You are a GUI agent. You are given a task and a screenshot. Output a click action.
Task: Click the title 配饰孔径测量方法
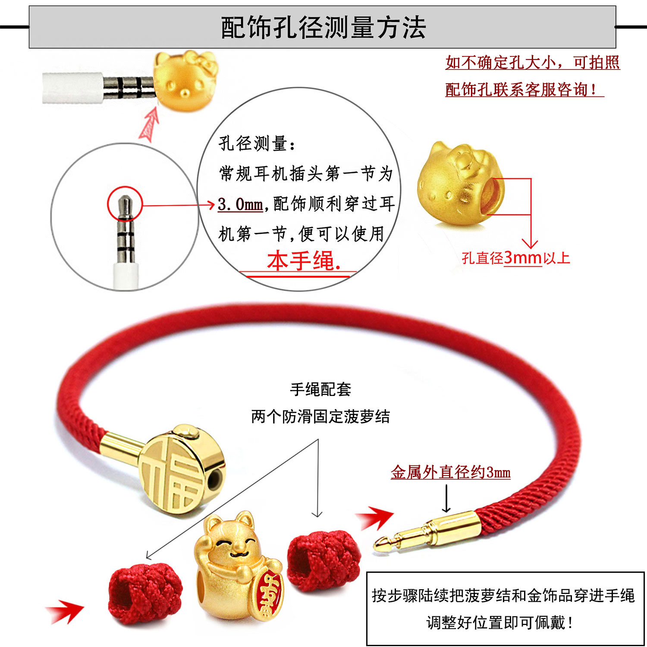pos(323,28)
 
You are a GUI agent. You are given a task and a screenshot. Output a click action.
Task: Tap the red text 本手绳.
pos(304,261)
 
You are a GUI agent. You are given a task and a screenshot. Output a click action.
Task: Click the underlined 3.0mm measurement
pos(240,204)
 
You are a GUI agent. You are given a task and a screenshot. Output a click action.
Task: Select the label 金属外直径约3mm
pos(450,472)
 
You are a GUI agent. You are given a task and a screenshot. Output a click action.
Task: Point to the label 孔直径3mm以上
pos(516,258)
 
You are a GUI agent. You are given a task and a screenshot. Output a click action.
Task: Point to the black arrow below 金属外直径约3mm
pos(446,498)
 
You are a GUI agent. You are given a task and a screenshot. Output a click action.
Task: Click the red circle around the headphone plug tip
pos(125,204)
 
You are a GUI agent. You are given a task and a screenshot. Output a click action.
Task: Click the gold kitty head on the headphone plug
pos(185,81)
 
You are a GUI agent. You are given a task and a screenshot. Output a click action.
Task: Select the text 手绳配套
pos(320,389)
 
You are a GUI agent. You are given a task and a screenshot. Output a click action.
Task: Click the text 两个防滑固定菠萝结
pos(320,417)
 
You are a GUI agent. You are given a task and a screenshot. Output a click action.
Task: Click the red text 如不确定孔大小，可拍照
pos(532,63)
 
